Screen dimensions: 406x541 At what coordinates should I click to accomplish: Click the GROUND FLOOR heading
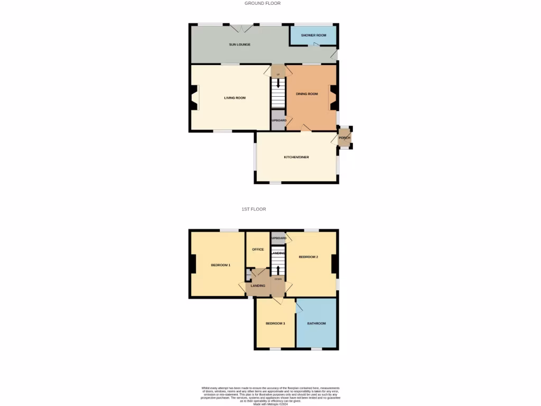point(262,3)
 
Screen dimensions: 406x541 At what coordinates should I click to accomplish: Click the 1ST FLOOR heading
point(258,209)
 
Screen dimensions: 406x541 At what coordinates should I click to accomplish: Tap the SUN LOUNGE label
point(239,44)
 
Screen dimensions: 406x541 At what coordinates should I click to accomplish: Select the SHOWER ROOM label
point(313,35)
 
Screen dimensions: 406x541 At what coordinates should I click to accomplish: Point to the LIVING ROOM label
point(235,98)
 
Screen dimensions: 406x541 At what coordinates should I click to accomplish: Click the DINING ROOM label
point(307,94)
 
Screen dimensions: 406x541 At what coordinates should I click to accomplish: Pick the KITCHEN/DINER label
point(296,157)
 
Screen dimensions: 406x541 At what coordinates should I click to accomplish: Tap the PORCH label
point(344,138)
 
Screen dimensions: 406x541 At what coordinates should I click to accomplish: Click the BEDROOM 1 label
point(220,265)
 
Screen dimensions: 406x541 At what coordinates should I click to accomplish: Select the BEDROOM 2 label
point(308,257)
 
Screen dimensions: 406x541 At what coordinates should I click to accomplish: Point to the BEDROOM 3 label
point(275,324)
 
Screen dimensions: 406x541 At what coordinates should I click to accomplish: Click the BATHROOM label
point(316,324)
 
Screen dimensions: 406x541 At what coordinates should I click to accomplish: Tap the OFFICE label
point(258,250)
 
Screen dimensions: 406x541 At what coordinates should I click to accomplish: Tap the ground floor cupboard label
point(278,121)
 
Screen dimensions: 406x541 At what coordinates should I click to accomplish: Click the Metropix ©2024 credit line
point(269,404)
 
